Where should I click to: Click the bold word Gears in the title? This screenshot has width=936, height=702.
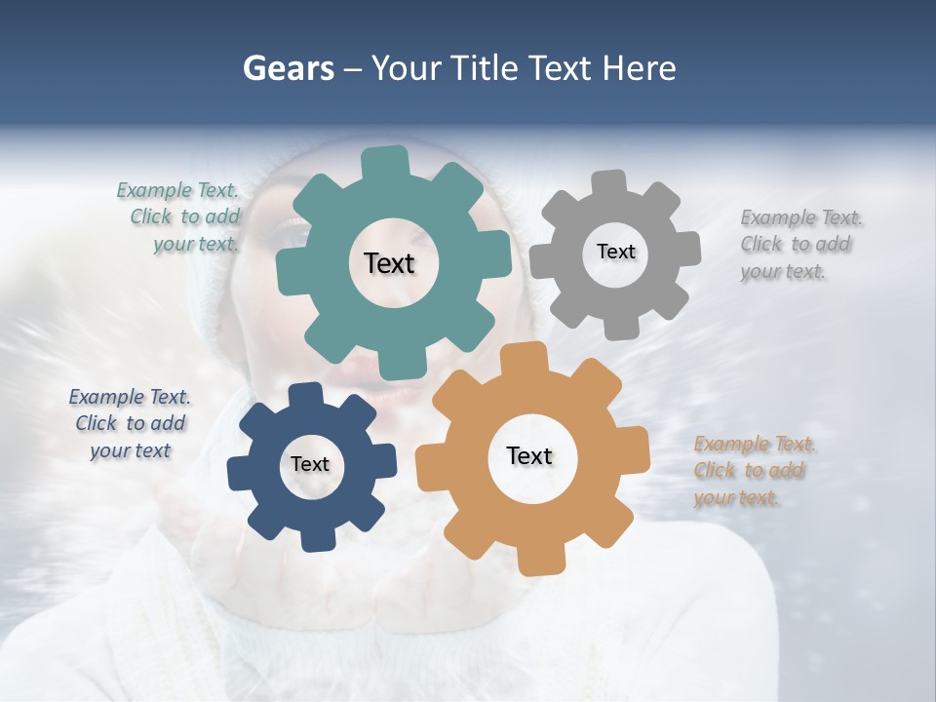287,68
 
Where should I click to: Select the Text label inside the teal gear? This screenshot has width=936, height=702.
389,263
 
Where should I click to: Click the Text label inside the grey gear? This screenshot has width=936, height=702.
615,252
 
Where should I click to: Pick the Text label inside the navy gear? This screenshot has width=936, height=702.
310,465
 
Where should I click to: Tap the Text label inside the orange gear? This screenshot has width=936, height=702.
529,456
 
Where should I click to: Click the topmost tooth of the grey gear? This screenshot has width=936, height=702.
610,183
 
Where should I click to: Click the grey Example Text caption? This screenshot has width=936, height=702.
799,245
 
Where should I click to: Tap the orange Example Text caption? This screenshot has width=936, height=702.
754,471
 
